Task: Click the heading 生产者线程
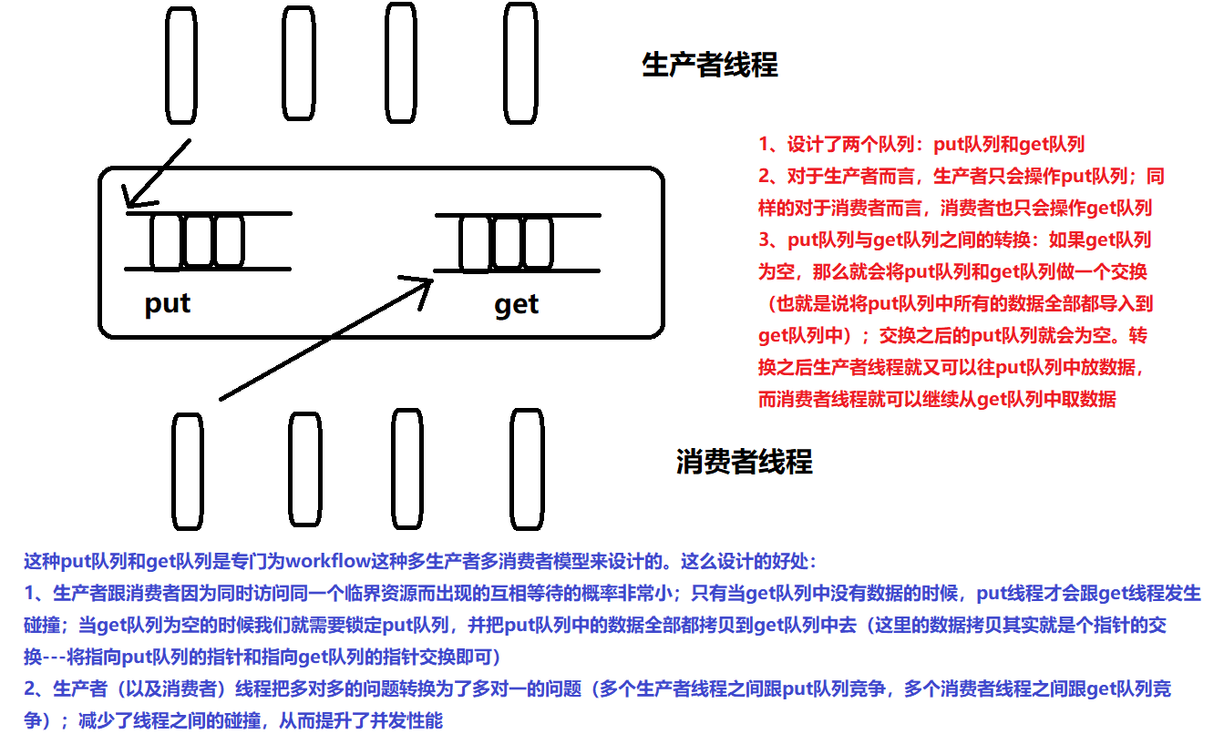(x=710, y=66)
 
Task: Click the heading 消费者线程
(x=744, y=462)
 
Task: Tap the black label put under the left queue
(x=168, y=302)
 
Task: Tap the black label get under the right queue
(x=516, y=304)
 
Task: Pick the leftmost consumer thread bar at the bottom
(x=187, y=477)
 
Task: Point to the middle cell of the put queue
(x=197, y=241)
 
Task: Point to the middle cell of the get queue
(x=506, y=243)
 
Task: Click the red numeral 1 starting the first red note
(x=764, y=144)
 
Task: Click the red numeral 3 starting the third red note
(x=764, y=240)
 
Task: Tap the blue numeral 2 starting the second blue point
(x=29, y=689)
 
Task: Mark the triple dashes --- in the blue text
(x=55, y=657)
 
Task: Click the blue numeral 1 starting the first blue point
(x=29, y=594)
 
